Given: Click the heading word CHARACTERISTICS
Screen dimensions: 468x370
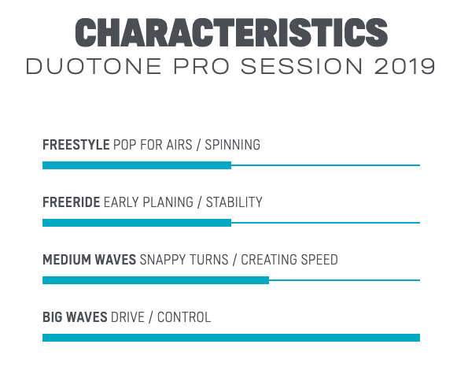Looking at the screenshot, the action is (231, 32).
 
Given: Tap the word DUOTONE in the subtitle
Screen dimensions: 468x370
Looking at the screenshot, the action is (94, 66).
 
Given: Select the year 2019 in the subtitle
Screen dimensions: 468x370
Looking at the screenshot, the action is (404, 66).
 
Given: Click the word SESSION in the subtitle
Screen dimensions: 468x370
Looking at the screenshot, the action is (302, 66).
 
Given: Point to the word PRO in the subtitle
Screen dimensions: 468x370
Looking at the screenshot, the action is (201, 66).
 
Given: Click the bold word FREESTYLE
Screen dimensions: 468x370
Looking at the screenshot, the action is (76, 145).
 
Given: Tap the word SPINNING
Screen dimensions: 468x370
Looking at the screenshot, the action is (232, 145).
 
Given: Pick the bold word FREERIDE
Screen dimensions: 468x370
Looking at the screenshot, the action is (72, 202).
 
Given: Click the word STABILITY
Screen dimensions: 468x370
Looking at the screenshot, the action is (234, 202).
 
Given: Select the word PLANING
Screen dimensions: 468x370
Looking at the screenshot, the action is (168, 202).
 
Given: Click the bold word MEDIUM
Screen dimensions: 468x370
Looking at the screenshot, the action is (67, 260).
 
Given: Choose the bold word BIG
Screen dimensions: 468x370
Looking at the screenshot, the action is (53, 317).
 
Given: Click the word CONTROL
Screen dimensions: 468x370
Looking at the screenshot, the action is (184, 317).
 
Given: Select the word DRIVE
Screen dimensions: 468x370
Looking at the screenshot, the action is (127, 317).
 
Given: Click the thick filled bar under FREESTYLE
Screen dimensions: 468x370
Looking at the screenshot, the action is (137, 165).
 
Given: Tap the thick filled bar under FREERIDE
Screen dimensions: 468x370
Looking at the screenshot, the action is (137, 223).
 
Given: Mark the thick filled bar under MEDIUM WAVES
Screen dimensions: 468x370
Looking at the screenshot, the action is (156, 280).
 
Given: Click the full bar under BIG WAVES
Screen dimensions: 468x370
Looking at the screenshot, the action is (231, 338).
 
